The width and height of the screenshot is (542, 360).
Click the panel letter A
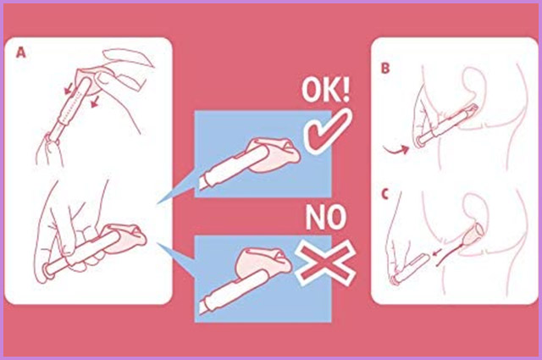[x=21, y=53]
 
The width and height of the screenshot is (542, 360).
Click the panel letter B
[x=385, y=68]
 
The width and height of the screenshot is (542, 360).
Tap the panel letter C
[x=385, y=194]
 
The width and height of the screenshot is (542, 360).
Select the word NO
[x=325, y=217]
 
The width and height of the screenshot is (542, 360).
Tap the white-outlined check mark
[x=327, y=130]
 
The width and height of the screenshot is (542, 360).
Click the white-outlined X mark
[x=325, y=263]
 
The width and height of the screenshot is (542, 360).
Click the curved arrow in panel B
[x=396, y=150]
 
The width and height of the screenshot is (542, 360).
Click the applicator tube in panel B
[x=446, y=125]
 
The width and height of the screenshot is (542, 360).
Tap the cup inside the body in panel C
[x=473, y=234]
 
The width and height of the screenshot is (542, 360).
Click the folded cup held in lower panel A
[x=125, y=238]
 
